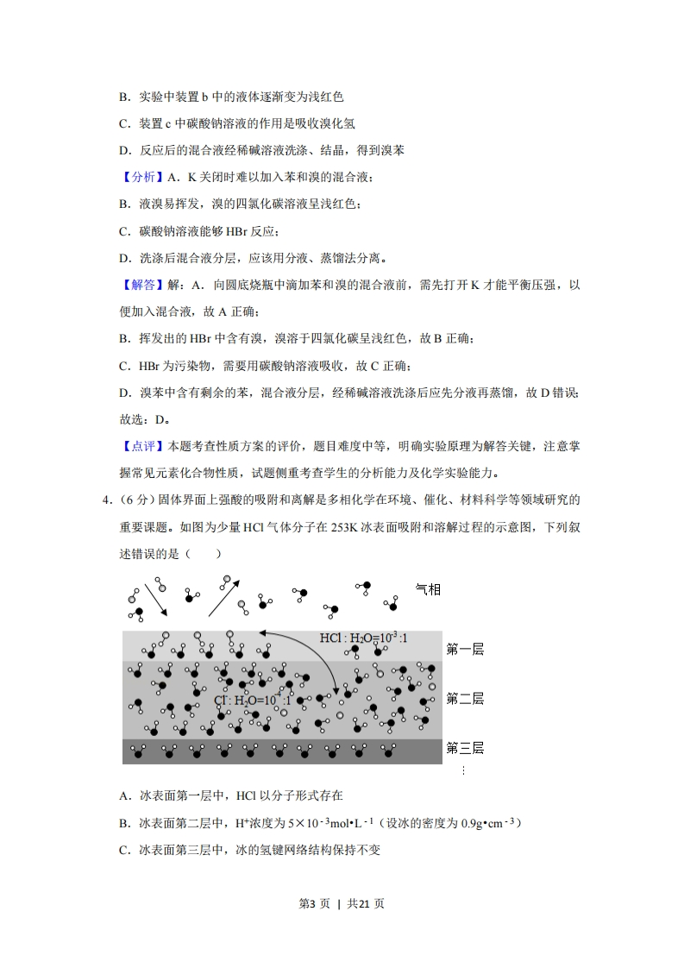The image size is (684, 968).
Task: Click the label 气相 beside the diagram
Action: [428, 589]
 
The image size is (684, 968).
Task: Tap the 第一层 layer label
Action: [464, 649]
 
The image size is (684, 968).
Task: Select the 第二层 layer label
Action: [464, 698]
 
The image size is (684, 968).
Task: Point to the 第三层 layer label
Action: [464, 748]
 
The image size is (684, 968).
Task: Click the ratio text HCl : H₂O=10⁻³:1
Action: [363, 638]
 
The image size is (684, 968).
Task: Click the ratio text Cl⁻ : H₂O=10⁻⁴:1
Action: [252, 700]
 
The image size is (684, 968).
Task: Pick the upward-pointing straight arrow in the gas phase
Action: [223, 597]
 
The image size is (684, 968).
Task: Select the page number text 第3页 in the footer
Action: [313, 903]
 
